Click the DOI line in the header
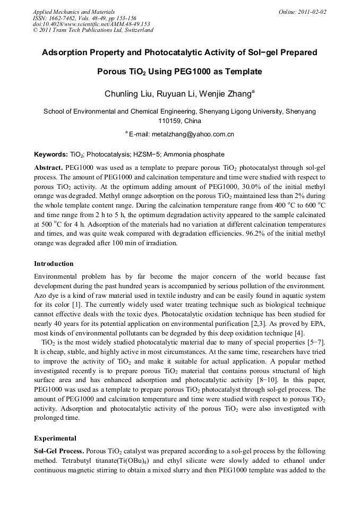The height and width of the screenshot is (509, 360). click(x=91, y=24)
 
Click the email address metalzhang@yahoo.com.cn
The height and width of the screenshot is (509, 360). click(x=193, y=135)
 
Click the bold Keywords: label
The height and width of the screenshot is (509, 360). click(x=50, y=154)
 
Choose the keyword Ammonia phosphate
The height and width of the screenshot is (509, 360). click(x=194, y=154)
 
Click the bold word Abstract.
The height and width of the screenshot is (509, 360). click(x=48, y=167)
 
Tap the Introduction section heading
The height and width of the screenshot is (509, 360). click(x=54, y=264)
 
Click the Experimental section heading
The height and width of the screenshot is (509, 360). click(x=55, y=438)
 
